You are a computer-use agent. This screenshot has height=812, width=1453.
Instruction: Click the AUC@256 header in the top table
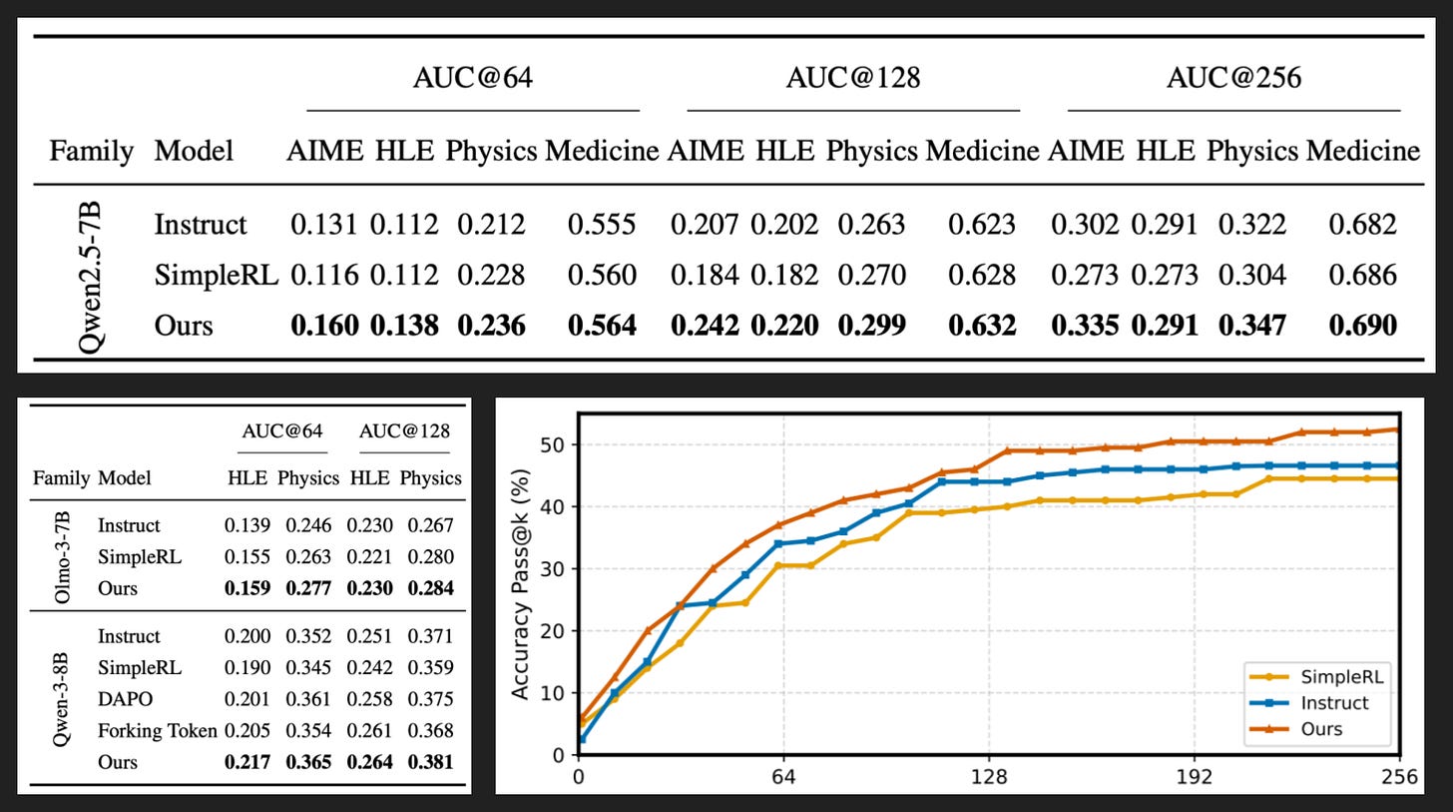[1233, 78]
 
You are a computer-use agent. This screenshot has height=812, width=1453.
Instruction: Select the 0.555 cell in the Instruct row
[602, 225]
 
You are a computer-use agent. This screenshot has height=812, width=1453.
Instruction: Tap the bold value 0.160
[324, 326]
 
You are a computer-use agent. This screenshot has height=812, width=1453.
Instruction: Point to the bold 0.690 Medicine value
[1362, 326]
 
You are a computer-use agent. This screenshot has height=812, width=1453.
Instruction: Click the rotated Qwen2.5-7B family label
[90, 277]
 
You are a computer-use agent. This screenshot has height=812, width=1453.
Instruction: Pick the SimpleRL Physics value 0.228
[491, 275]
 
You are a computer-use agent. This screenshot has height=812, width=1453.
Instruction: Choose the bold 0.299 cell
[871, 326]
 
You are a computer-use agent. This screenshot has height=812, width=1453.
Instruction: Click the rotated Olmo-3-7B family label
[62, 557]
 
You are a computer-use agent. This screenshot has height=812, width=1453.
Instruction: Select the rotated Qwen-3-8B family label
[60, 699]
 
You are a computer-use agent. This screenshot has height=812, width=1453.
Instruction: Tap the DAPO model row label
[125, 699]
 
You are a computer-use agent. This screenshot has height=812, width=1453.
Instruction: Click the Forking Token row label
[158, 731]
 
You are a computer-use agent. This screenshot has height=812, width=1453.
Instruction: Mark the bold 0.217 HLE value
[247, 762]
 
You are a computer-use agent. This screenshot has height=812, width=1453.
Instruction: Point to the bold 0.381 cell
[431, 762]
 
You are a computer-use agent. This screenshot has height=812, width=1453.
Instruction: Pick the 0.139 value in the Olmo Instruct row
[247, 525]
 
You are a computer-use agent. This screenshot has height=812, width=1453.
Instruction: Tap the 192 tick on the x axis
[1195, 777]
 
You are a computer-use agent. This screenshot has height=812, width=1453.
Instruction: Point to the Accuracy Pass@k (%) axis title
[520, 584]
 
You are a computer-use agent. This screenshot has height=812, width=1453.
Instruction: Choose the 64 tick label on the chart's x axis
[783, 777]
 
